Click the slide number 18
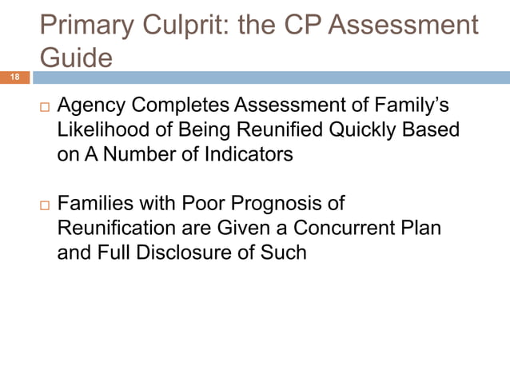(14, 78)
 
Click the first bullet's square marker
(42, 107)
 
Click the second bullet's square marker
(42, 205)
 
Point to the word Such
(286, 253)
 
